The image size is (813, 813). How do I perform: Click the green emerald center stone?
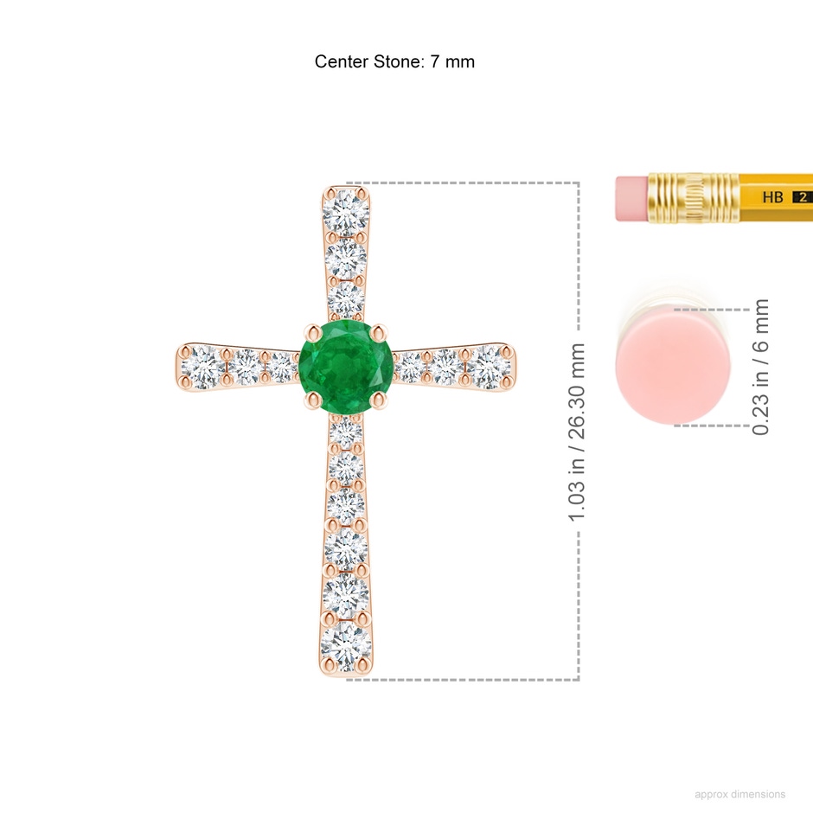click(346, 367)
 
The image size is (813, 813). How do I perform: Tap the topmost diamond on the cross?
click(346, 213)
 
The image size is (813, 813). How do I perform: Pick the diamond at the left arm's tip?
click(202, 367)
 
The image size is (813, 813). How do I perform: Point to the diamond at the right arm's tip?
click(489, 367)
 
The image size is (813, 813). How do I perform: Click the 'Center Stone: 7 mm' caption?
click(394, 61)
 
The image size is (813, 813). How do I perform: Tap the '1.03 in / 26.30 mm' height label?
click(577, 432)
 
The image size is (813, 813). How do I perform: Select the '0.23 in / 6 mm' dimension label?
click(760, 367)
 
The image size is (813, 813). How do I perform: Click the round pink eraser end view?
click(673, 364)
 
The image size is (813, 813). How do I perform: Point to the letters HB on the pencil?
click(772, 197)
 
